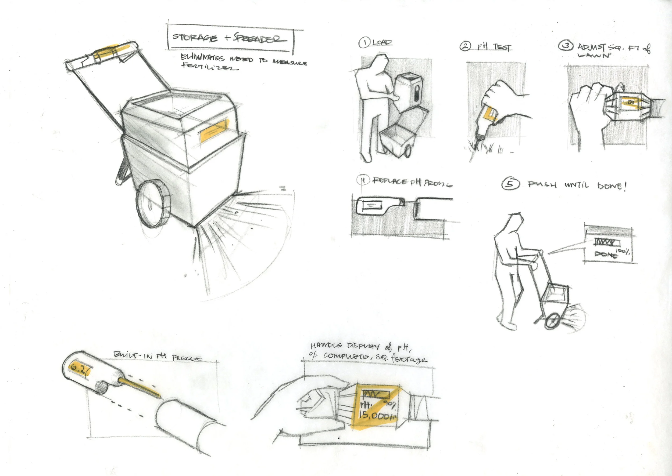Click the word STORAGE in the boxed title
[x=195, y=38]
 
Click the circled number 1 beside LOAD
[x=364, y=43]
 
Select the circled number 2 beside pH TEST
[x=465, y=46]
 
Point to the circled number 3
[x=566, y=46]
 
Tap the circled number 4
[x=363, y=180]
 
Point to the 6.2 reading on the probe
[x=79, y=369]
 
